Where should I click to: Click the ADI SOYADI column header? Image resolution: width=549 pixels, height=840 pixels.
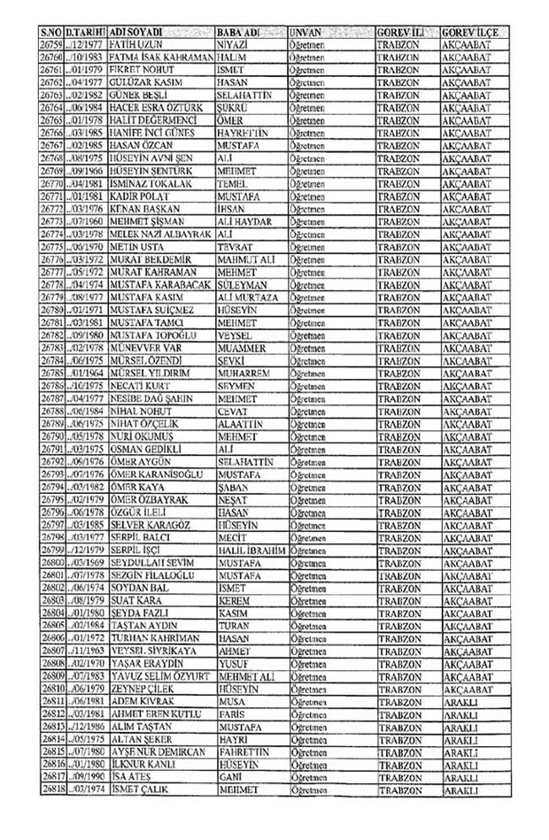135,31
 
